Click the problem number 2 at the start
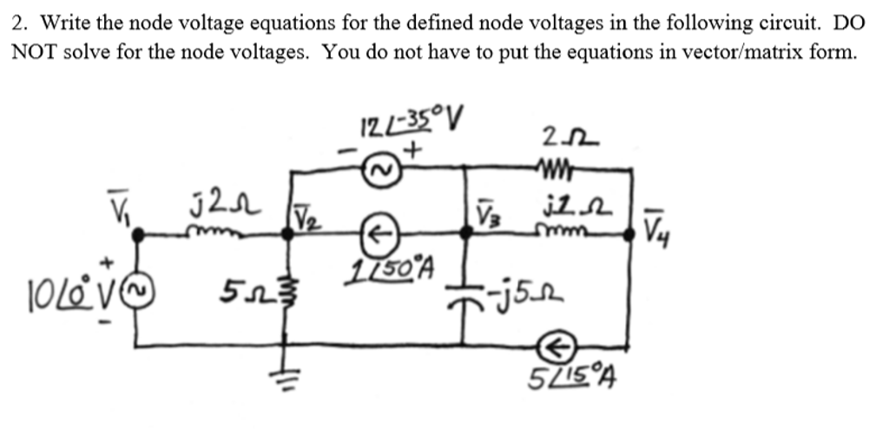(17, 23)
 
